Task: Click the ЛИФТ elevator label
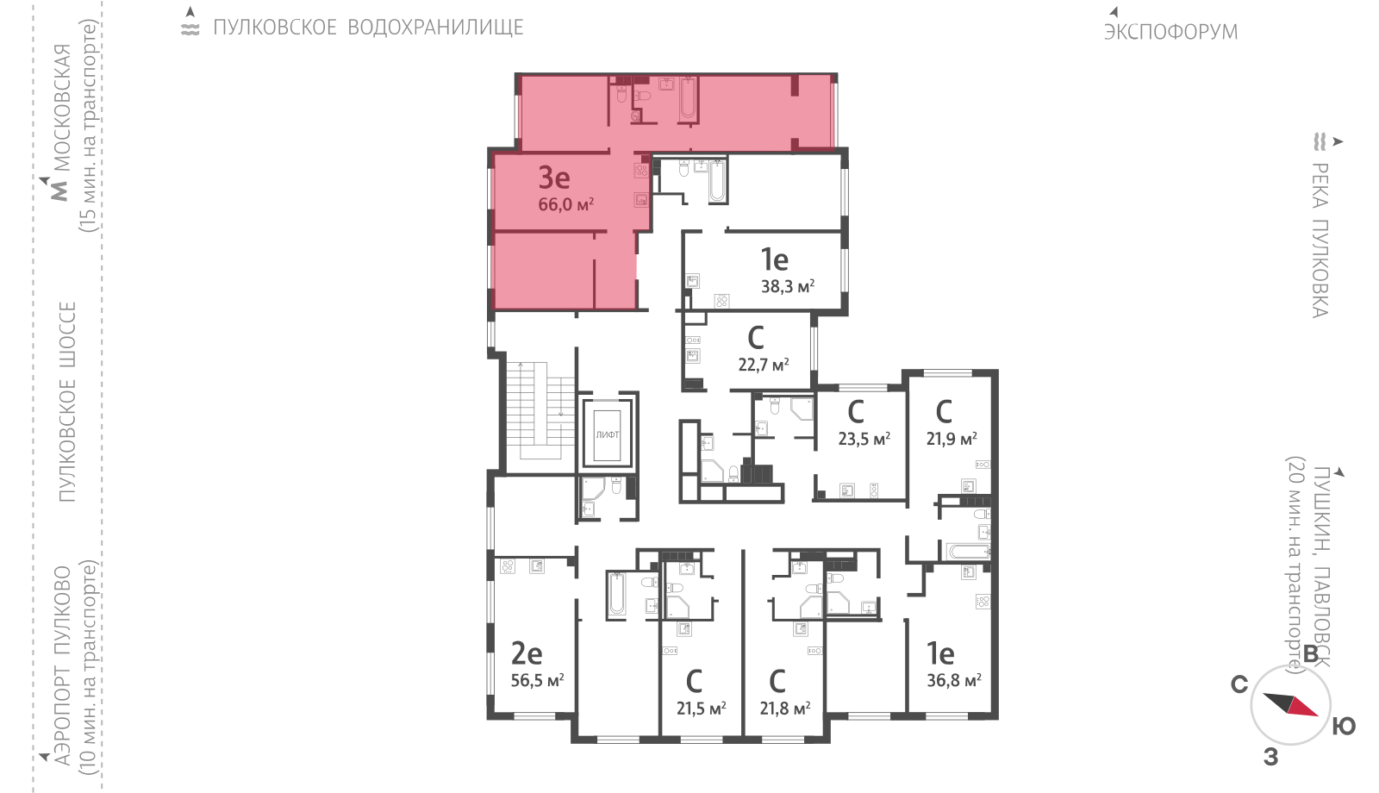coord(607,434)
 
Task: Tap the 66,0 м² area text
coord(565,203)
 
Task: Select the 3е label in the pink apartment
coord(554,178)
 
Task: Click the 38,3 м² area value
coord(788,286)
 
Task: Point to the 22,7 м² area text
coord(764,365)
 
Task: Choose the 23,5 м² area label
coord(864,439)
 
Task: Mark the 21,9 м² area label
coord(952,439)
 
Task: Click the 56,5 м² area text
coord(538,680)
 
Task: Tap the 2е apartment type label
coord(527,654)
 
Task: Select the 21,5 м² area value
coord(702,709)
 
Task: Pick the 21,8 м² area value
coord(785,709)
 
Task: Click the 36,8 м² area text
coord(954,680)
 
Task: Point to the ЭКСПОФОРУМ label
coord(1170,32)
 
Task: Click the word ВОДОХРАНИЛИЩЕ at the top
coord(436,28)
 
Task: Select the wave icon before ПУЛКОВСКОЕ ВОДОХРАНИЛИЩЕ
coord(190,28)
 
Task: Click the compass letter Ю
coord(1344,727)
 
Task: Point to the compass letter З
coord(1270,757)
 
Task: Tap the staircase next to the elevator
coord(540,410)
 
